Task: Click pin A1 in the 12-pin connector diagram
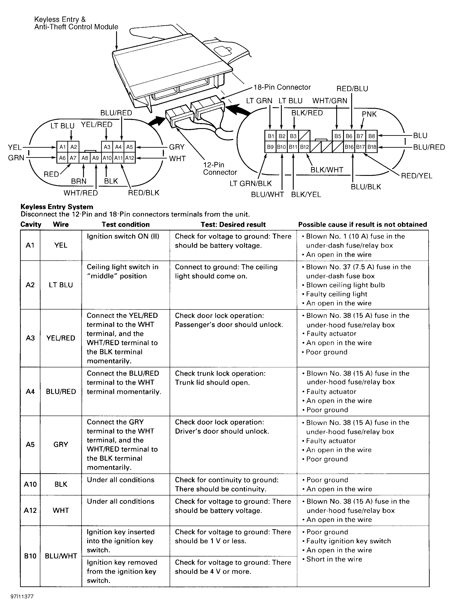tap(62, 147)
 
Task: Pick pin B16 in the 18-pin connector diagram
tap(349, 147)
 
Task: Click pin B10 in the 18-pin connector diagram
tap(281, 147)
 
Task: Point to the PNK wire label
tap(369, 114)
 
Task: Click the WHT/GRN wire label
tap(330, 101)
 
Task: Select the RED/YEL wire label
tap(416, 176)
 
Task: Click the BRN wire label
tap(79, 181)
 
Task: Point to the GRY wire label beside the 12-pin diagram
tap(177, 147)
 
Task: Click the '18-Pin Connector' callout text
tap(282, 87)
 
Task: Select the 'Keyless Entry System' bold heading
tap(57, 207)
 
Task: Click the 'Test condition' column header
tap(126, 225)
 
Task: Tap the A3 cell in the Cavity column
tap(30, 338)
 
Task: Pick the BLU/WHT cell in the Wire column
tap(61, 556)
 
